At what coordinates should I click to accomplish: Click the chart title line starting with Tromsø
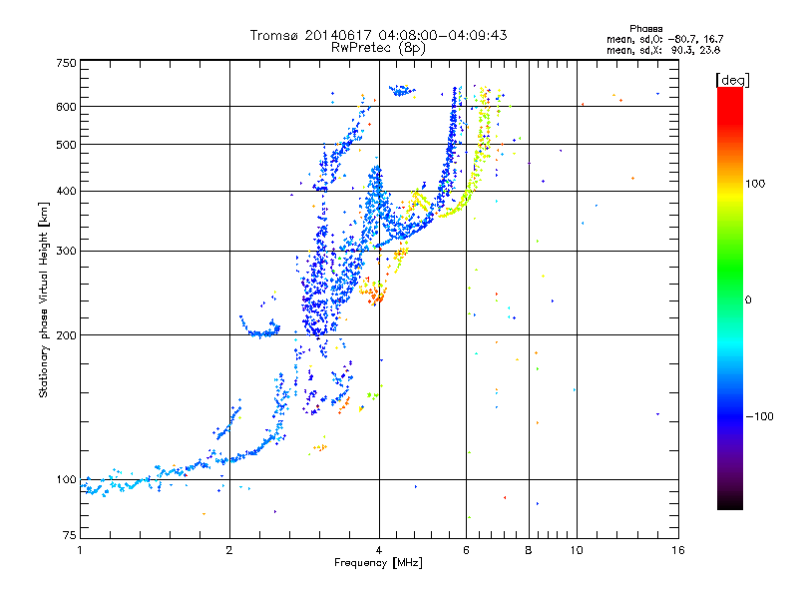pos(378,35)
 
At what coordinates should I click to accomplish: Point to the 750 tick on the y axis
pos(66,63)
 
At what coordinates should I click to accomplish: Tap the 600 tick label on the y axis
pos(66,106)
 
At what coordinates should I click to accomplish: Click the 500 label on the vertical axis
pos(66,145)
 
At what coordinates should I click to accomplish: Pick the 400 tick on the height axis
pos(66,191)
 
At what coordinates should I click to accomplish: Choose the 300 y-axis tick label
pos(66,251)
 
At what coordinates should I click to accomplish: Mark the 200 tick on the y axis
pos(66,334)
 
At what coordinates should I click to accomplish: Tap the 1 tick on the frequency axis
pos(81,549)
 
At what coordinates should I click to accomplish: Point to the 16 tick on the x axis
pos(677,549)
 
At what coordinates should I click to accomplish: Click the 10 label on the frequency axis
pos(577,549)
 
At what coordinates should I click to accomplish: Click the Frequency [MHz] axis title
pos(378,563)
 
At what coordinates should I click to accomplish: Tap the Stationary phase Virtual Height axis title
pos(44,299)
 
